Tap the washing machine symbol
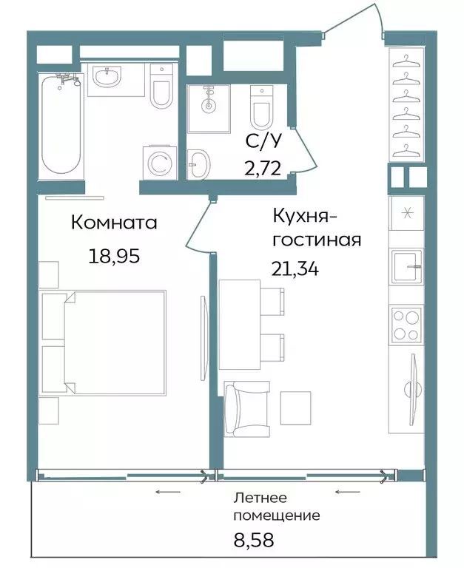(x=160, y=162)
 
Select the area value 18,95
(x=114, y=257)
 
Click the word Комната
(x=114, y=223)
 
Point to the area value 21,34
(x=295, y=268)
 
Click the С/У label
(x=263, y=141)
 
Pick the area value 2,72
(x=263, y=168)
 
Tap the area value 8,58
(x=254, y=539)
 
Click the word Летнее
(x=260, y=498)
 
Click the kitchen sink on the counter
(x=406, y=266)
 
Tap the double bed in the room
(x=104, y=342)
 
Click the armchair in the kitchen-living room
(x=246, y=408)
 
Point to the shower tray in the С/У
(x=209, y=109)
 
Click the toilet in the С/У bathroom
(x=262, y=107)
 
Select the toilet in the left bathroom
(x=161, y=87)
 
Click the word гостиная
(x=317, y=240)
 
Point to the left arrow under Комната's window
(x=168, y=492)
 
